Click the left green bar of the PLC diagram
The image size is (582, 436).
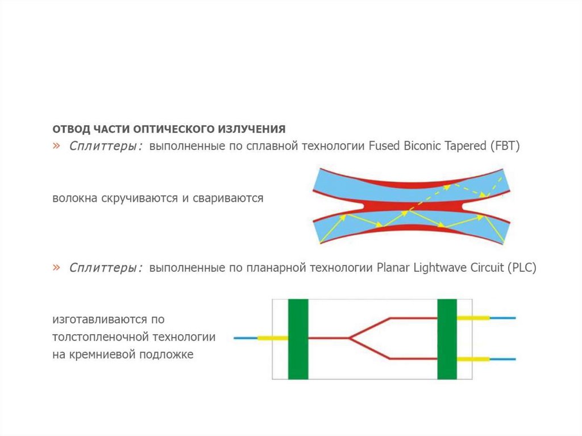pyautogui.click(x=298, y=339)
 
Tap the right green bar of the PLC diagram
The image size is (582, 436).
pyautogui.click(x=447, y=339)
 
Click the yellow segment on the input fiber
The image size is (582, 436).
pyautogui.click(x=272, y=338)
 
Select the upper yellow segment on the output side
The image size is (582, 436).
pyautogui.click(x=473, y=318)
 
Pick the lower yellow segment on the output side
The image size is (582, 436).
pyautogui.click(x=473, y=359)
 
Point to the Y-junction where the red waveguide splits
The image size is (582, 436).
pyautogui.click(x=350, y=338)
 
